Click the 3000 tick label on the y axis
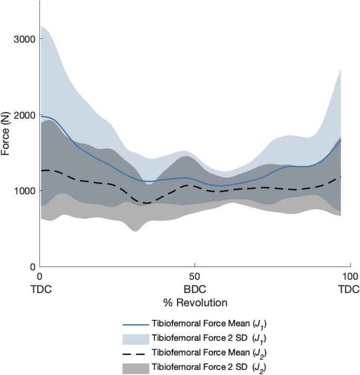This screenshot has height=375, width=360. click(x=24, y=39)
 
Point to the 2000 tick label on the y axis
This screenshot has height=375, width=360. click(x=24, y=115)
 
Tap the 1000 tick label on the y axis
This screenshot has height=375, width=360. click(x=24, y=190)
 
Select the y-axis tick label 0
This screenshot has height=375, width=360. click(x=32, y=266)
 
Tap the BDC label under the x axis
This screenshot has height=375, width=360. click(x=195, y=289)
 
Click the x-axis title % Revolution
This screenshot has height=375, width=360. click(x=195, y=303)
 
